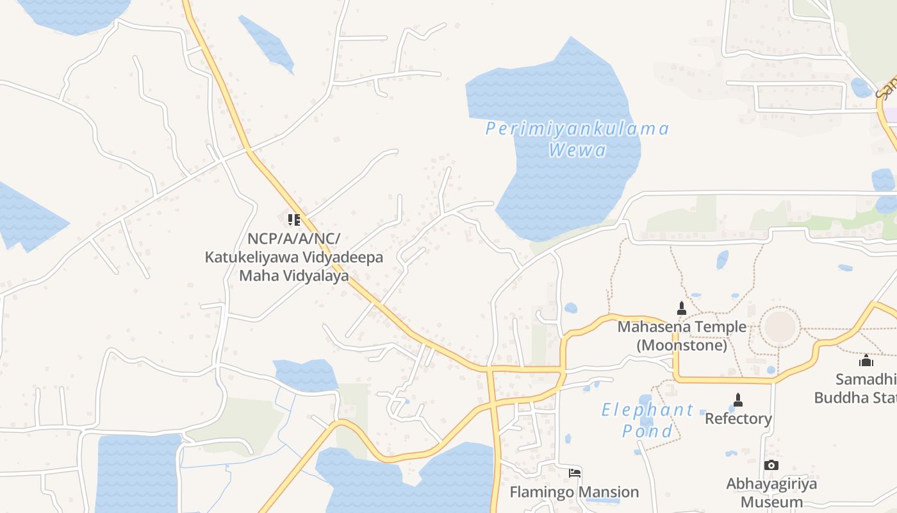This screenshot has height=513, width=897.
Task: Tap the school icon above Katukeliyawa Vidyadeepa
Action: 294,221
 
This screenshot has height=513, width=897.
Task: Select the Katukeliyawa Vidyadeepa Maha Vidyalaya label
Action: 294,257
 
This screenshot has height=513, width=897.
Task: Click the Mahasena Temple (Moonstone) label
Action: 682,335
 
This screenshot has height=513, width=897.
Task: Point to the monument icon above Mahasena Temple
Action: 682,308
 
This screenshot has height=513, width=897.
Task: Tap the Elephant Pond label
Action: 647,420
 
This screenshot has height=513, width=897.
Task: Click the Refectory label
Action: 738,419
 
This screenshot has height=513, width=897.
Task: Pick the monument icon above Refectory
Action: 738,400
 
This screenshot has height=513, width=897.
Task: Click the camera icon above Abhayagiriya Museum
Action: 771,465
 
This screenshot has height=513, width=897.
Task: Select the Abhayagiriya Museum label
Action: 771,492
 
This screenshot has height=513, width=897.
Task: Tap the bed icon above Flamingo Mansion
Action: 575,473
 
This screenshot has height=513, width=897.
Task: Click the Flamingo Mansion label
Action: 574,492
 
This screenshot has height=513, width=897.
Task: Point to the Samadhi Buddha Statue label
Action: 856,388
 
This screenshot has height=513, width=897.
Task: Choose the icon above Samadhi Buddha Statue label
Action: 866,360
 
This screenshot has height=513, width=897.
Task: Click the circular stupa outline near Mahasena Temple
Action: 780,327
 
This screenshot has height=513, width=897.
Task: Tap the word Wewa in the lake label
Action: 578,151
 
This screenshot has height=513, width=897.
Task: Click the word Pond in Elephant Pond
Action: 647,431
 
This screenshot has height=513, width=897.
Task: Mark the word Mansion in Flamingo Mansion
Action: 608,492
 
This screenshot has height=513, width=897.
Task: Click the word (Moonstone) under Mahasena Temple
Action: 682,345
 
